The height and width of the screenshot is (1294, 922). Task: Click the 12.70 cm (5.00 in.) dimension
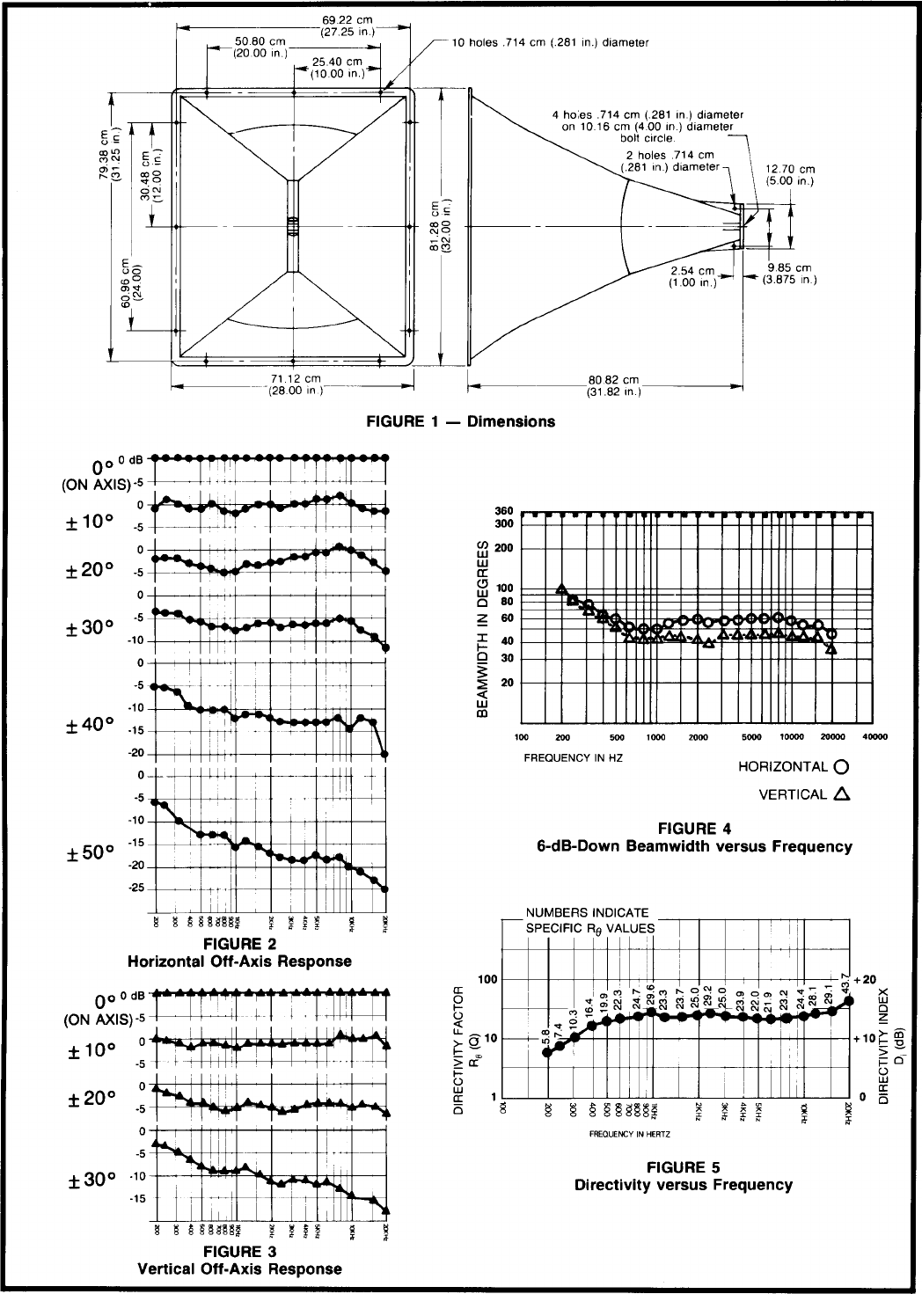(789, 174)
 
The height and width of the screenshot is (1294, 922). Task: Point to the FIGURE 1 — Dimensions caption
(460, 421)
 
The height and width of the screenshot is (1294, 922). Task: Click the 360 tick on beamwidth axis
(503, 512)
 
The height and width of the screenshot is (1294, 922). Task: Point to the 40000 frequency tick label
(873, 737)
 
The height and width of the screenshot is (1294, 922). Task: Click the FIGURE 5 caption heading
(683, 1167)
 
